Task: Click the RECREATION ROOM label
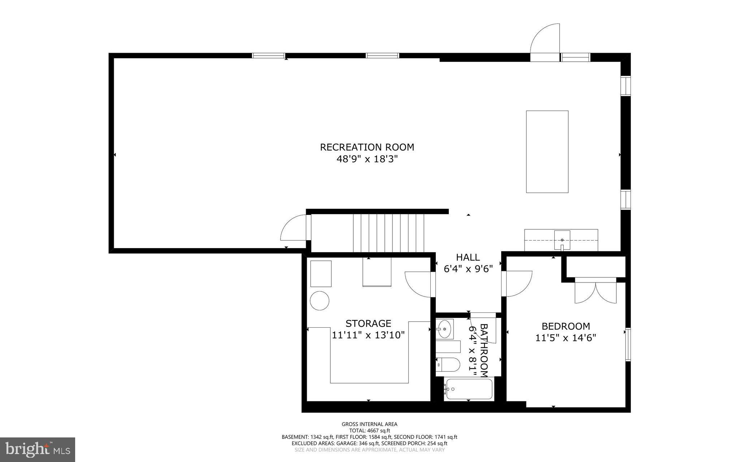point(367,147)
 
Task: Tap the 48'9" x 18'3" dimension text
point(367,159)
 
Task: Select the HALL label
point(468,257)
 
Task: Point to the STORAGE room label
point(368,323)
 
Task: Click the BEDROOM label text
point(565,326)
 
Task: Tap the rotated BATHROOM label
point(484,350)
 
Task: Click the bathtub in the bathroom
point(469,389)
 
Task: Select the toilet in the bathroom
point(448,364)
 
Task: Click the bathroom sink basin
point(444,329)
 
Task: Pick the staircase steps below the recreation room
point(388,233)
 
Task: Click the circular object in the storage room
point(320,301)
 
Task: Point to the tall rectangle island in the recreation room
point(547,152)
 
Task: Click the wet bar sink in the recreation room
point(562,240)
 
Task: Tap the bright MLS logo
point(38,449)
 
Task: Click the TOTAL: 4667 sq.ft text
point(369,431)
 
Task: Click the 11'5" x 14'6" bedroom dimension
point(565,338)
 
